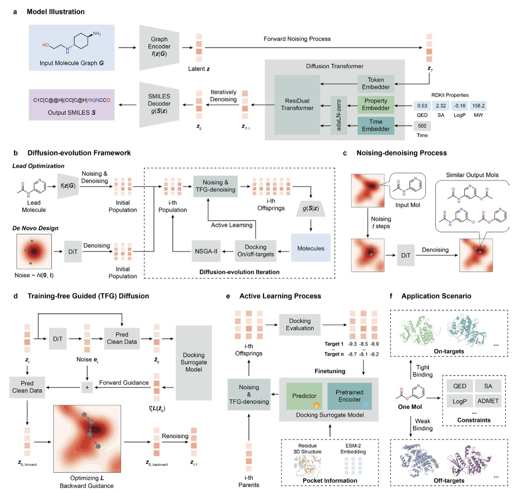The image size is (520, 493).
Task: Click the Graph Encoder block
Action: (x=159, y=47)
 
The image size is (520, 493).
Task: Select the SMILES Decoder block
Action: (x=159, y=104)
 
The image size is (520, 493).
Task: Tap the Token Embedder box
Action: (x=376, y=84)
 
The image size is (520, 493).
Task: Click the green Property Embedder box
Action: (x=376, y=104)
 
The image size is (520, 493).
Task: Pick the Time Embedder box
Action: (x=376, y=126)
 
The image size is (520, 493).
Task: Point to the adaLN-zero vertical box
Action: (x=339, y=115)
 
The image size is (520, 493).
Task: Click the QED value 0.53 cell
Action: (x=422, y=106)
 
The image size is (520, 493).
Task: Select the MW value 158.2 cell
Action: (x=478, y=106)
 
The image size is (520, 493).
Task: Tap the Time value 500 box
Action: (x=422, y=126)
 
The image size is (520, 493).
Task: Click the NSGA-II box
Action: (x=206, y=252)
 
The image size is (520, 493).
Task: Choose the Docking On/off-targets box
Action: (x=255, y=251)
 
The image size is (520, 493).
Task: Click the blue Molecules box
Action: (x=310, y=248)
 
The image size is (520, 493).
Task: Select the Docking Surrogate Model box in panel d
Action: (x=193, y=362)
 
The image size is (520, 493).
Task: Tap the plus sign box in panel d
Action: (x=87, y=387)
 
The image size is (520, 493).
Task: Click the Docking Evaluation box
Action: (x=300, y=325)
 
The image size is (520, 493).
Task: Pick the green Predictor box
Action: (x=304, y=396)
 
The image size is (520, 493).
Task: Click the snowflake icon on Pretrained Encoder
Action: (x=366, y=404)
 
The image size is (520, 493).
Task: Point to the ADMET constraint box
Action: (x=488, y=401)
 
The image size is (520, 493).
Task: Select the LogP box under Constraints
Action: (x=459, y=401)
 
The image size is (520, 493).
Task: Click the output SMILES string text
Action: (x=72, y=100)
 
